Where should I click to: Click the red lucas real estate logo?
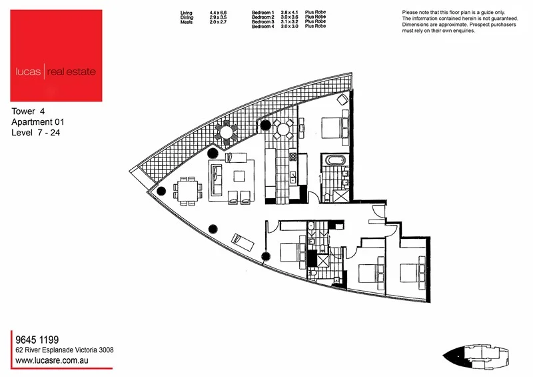point(57,55)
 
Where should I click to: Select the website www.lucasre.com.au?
point(53,360)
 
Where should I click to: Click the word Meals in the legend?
point(187,23)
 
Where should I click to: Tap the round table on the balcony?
point(227,132)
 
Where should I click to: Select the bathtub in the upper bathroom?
point(333,161)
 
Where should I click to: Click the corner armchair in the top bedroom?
point(341,99)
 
